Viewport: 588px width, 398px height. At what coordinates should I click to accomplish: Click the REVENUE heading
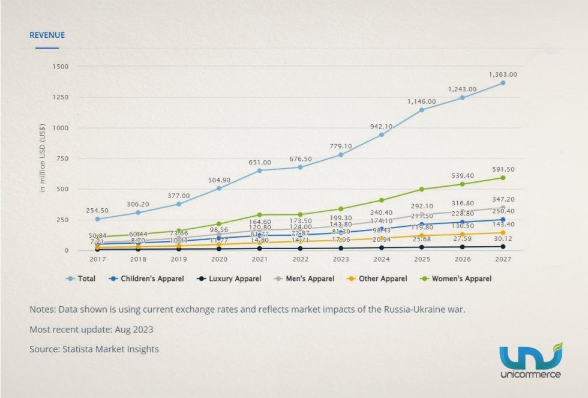point(47,35)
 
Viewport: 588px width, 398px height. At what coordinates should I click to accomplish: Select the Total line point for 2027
point(503,83)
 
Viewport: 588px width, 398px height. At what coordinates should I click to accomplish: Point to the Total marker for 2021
point(260,170)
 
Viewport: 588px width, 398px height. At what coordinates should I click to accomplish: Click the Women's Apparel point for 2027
point(503,178)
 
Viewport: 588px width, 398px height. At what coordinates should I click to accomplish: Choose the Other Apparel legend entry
point(381,279)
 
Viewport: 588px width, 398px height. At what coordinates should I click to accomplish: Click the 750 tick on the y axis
point(62,158)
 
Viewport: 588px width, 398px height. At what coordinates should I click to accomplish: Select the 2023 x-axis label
point(340,259)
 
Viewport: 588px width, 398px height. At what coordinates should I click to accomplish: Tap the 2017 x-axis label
point(97,259)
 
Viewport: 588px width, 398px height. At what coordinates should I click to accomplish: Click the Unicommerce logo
point(530,361)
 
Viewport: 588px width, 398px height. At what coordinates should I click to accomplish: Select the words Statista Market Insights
point(112,349)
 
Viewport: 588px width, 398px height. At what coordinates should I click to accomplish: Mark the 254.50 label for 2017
point(97,211)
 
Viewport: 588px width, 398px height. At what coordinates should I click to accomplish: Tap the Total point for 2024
point(381,134)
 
